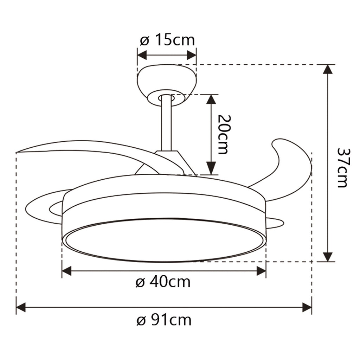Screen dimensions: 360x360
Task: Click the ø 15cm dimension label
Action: (x=167, y=40)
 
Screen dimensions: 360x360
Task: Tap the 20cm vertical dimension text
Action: (x=223, y=134)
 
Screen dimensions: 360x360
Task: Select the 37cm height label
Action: (x=342, y=167)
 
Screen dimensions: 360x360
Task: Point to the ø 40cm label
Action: (x=163, y=282)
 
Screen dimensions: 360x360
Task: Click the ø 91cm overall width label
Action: (x=164, y=320)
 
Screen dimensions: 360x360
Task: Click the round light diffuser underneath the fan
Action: (x=163, y=241)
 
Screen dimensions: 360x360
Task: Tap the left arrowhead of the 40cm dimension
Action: (x=67, y=271)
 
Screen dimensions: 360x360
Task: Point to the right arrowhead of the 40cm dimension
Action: (x=261, y=271)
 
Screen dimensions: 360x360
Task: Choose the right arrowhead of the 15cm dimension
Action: (x=192, y=55)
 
